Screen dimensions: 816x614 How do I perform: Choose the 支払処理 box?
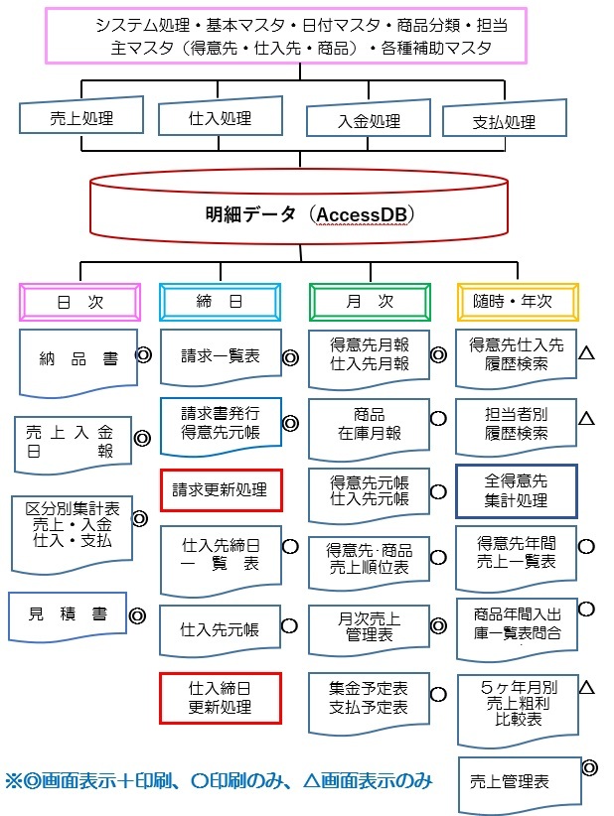503,121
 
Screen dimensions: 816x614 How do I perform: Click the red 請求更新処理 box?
221,489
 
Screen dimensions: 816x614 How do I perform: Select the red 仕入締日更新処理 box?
221,700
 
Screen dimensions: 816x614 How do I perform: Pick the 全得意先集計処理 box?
516,490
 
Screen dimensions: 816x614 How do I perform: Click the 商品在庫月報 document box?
368,424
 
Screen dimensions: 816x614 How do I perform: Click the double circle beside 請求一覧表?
291,357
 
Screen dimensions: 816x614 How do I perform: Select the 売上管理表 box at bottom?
517,780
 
